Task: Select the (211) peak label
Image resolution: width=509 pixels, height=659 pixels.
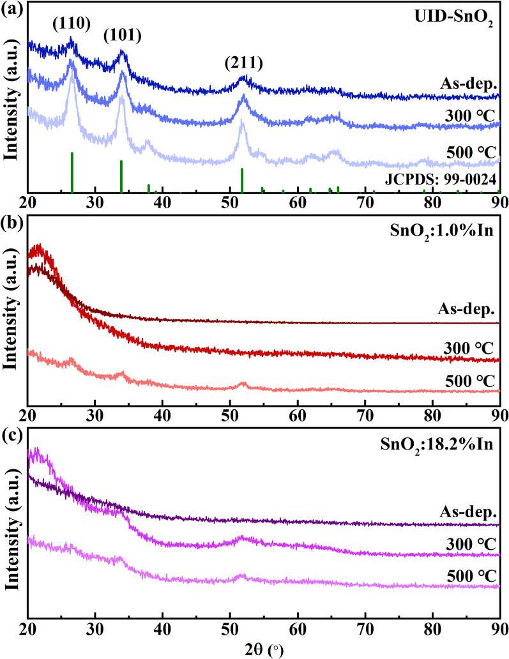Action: tap(243, 63)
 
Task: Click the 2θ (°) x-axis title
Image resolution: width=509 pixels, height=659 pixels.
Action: tap(262, 649)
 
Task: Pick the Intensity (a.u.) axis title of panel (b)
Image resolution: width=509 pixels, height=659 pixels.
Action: tap(11, 310)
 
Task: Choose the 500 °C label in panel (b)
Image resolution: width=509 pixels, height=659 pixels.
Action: tap(471, 381)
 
